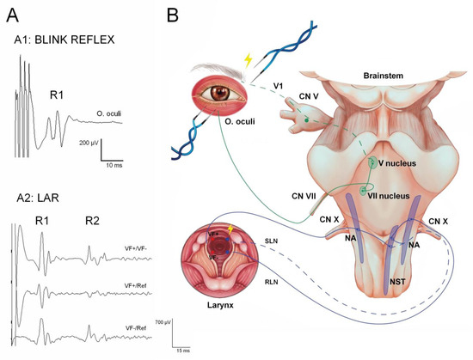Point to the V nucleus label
(x=388, y=160)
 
